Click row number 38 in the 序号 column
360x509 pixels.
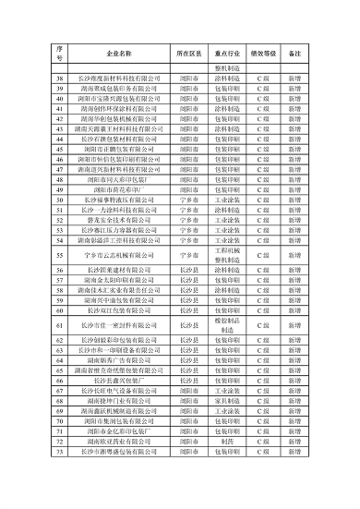click(59, 80)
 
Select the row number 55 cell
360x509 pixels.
click(59, 254)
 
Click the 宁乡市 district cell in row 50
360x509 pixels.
click(189, 199)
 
